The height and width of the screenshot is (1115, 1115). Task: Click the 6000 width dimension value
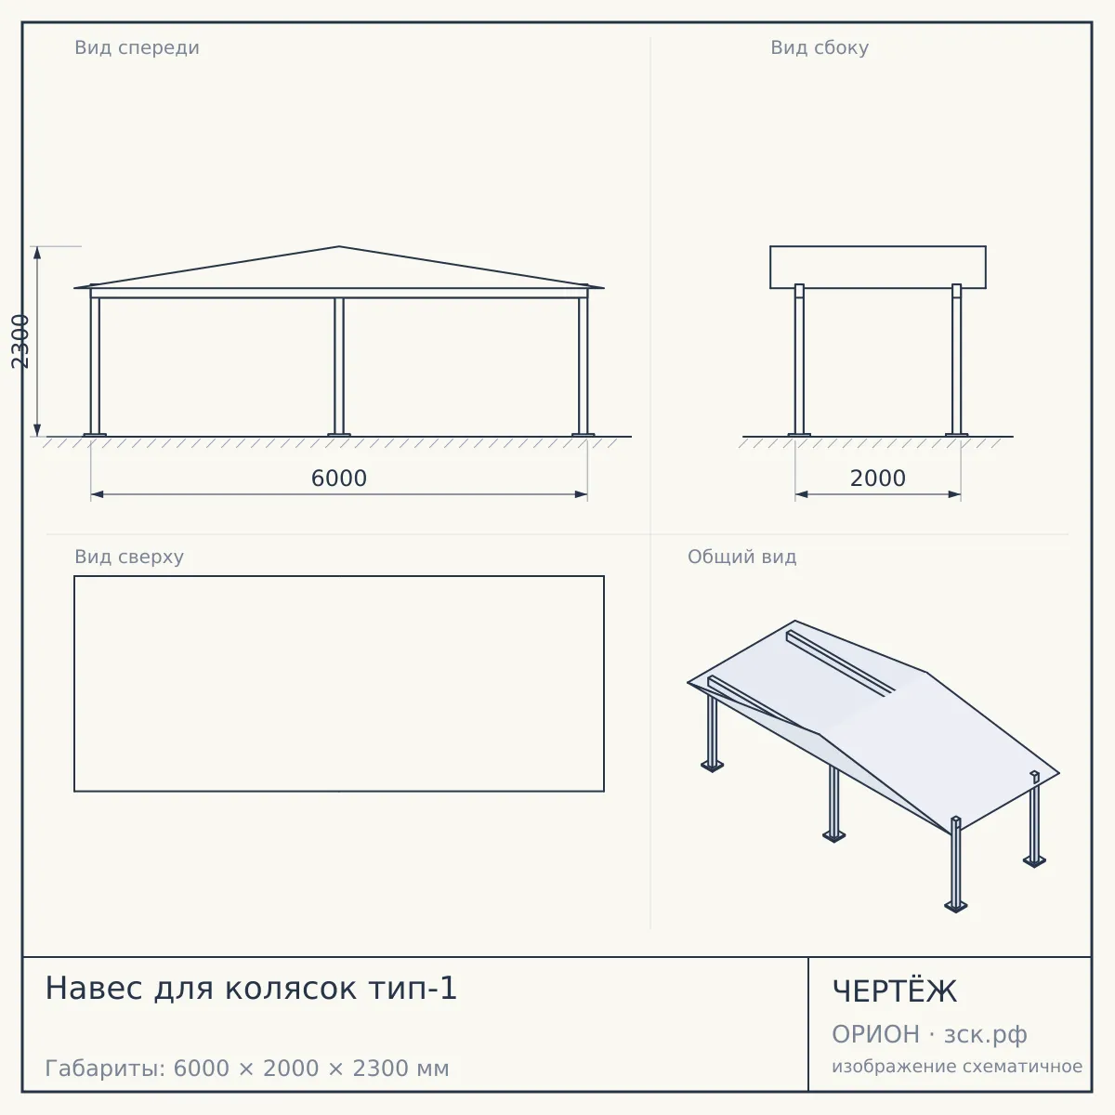pos(338,478)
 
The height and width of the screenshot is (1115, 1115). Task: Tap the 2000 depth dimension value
pos(877,478)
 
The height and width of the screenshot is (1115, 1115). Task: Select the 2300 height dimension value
pos(20,341)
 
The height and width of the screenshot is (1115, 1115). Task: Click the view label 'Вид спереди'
pos(138,47)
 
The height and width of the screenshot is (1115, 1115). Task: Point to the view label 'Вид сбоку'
pos(820,47)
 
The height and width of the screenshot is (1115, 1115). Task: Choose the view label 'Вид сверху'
pos(129,557)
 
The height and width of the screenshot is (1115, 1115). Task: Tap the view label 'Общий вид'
pos(741,557)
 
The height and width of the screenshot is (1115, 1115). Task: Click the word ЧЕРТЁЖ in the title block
pos(895,991)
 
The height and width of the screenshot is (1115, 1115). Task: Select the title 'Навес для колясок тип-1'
pos(251,989)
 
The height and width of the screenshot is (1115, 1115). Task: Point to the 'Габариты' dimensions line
pos(247,1069)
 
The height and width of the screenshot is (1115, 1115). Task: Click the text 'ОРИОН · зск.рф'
pos(929,1034)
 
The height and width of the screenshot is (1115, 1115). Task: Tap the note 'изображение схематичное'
pos(957,1066)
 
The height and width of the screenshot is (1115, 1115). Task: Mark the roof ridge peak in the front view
pos(339,246)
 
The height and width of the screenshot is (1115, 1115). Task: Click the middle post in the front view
pos(339,367)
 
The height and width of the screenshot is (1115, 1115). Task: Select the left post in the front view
pos(95,361)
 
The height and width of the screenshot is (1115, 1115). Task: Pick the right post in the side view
pos(956,360)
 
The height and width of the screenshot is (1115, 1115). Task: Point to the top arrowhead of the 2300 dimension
pos(37,253)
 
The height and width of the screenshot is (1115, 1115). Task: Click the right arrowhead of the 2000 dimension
pos(954,494)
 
